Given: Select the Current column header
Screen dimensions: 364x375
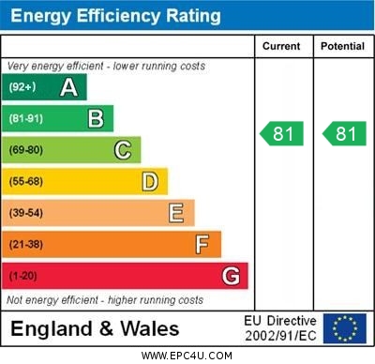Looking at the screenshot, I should tap(281, 46).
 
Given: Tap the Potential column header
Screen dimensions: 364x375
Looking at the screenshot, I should tap(342, 46).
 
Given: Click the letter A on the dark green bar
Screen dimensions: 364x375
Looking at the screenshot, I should tap(68, 87).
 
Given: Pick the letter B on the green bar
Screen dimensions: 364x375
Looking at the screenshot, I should tap(96, 118).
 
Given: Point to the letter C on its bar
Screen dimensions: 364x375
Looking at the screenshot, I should tap(123, 150).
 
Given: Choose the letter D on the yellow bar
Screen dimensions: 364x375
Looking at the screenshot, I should tap(150, 181).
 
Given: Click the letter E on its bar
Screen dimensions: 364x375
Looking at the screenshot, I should tap(176, 213).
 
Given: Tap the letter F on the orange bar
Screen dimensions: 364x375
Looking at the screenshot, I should tap(202, 244).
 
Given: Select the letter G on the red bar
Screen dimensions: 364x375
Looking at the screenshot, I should tap(231, 276).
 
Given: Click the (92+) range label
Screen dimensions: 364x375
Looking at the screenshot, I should tap(22, 87).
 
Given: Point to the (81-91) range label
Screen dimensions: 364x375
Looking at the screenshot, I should tap(26, 119).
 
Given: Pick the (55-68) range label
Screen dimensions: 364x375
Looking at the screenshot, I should tap(26, 182).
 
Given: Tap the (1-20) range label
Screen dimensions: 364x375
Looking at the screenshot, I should tap(23, 277).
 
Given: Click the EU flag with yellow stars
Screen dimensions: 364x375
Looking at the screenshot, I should tap(344, 328).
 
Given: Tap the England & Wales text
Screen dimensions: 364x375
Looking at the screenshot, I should tap(95, 329).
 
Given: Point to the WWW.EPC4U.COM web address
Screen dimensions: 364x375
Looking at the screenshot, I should tap(187, 356).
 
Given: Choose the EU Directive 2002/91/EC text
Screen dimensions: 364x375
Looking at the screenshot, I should tap(280, 328).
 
